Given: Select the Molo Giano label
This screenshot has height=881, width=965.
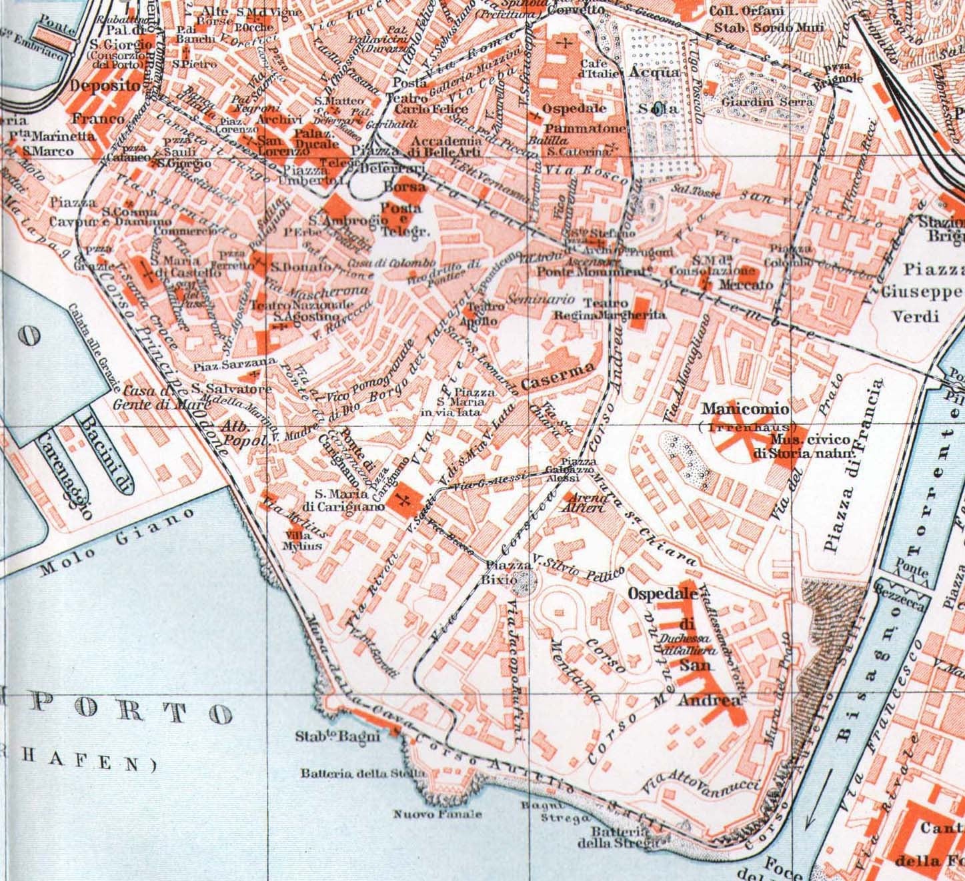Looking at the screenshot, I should point(117,542).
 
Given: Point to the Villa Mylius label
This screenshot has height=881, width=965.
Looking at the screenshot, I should point(303,540).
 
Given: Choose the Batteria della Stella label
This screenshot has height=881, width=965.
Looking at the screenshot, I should point(362,774).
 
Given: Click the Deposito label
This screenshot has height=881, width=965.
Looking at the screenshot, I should point(106,86).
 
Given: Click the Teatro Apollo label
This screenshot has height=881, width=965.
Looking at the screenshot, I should point(486,313).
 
